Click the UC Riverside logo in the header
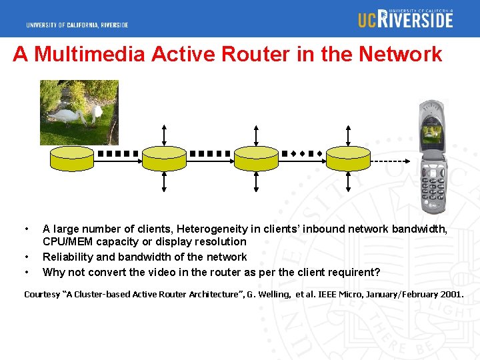405,19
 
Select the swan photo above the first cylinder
79,112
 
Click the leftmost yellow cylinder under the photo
73,158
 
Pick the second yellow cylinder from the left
165,158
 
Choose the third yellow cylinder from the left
256,158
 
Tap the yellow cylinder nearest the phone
347,158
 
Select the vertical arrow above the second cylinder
165,134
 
